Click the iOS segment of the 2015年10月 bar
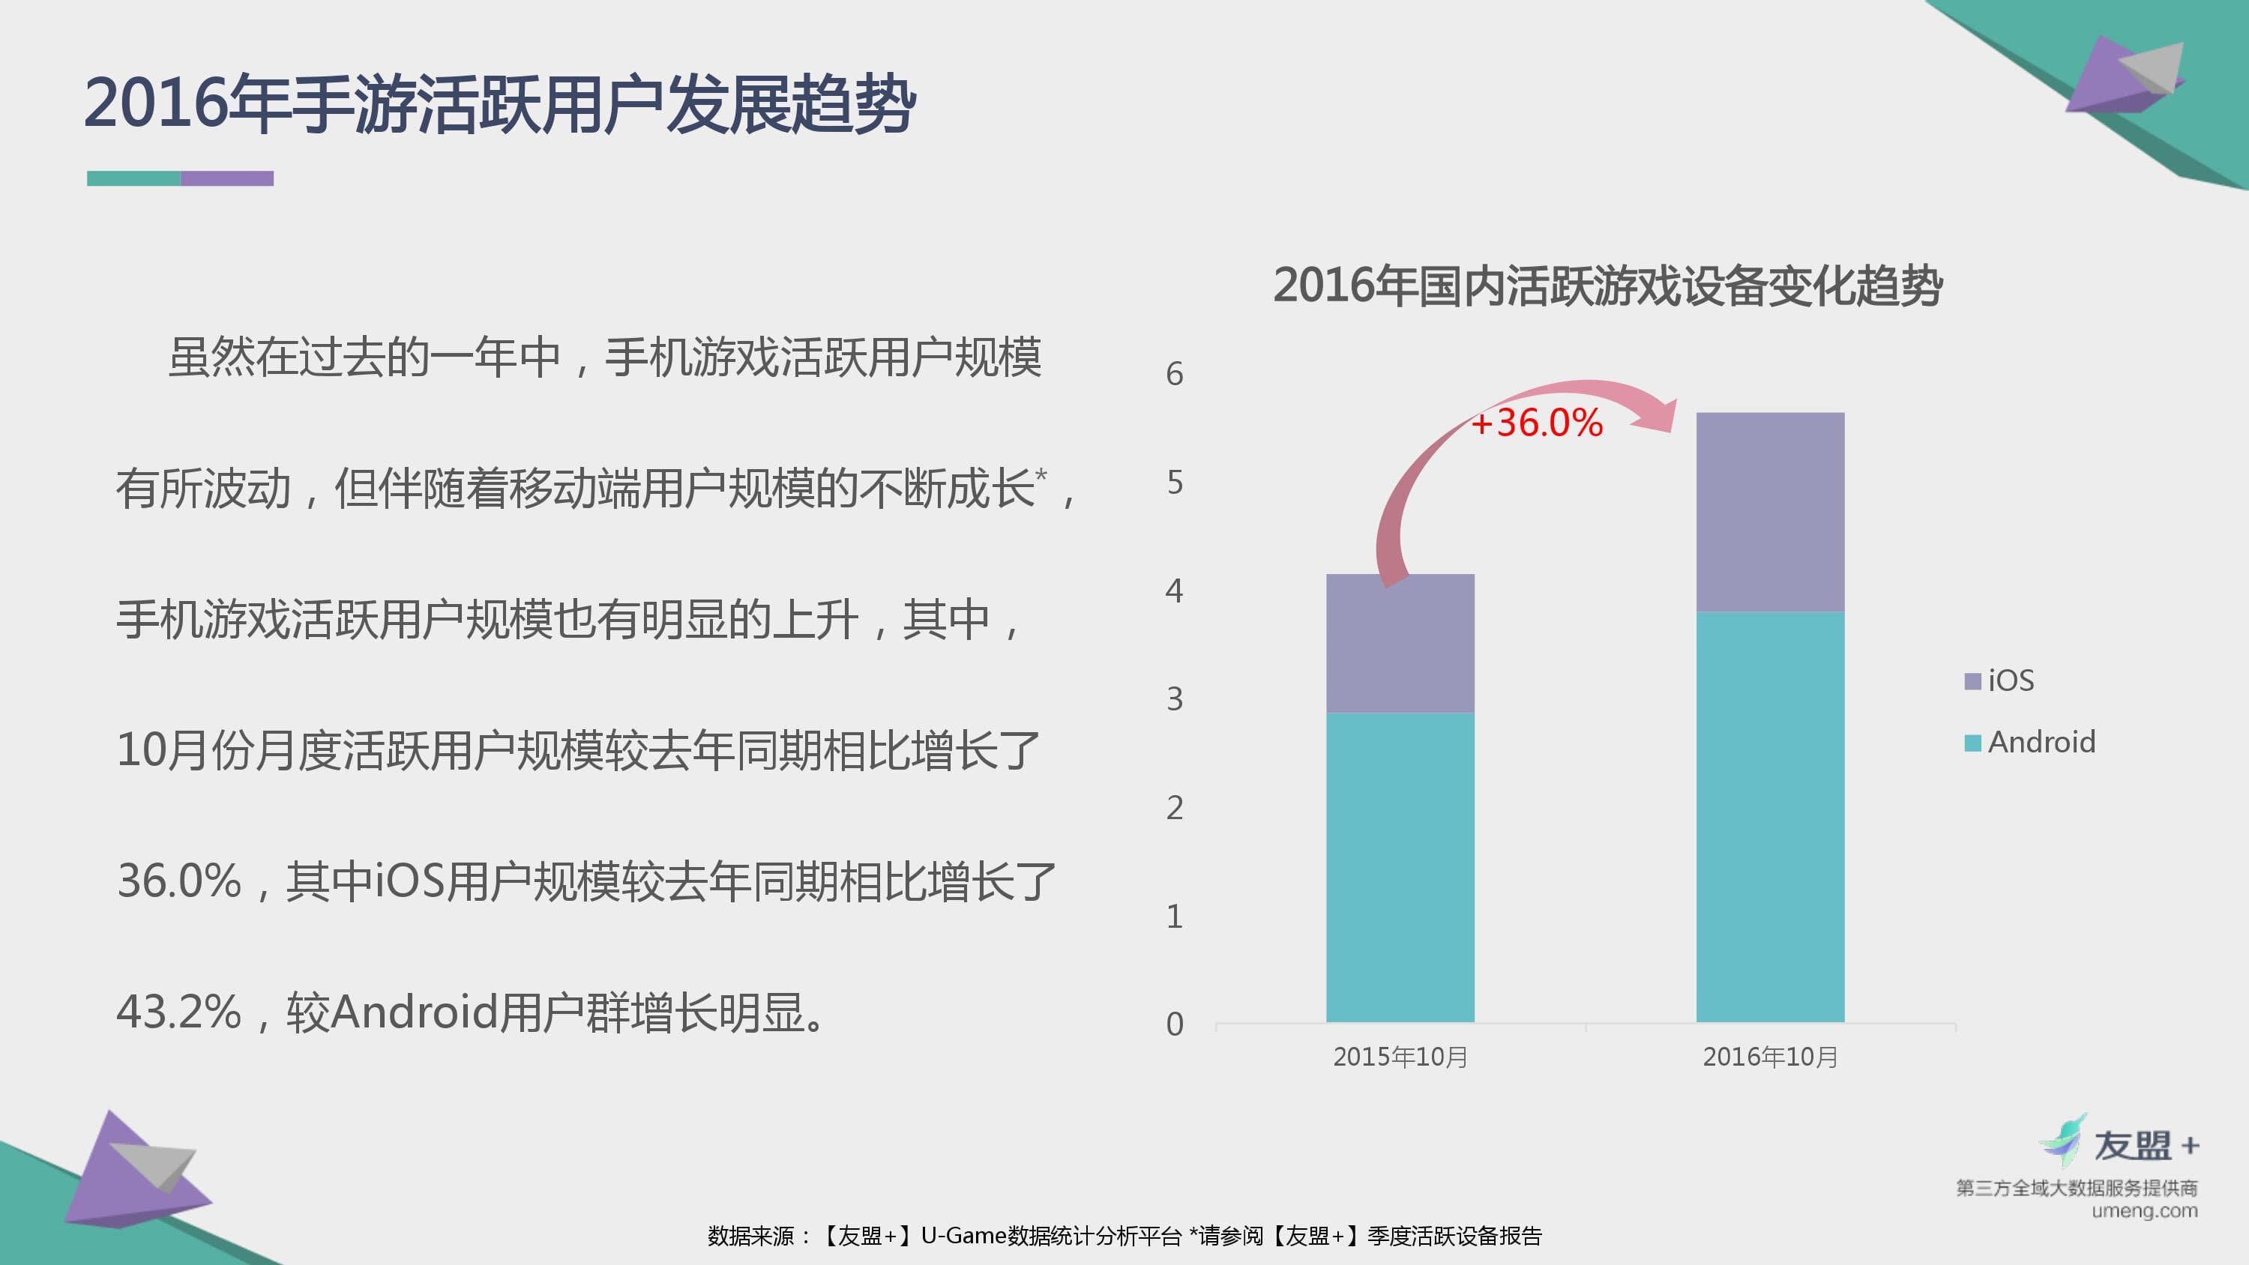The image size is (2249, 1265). click(x=1400, y=644)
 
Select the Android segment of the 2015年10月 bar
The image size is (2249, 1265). click(x=1400, y=868)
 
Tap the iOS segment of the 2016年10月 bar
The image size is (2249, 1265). click(x=1771, y=512)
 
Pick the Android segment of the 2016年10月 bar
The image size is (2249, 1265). click(x=1771, y=817)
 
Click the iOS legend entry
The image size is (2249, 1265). click(x=1999, y=680)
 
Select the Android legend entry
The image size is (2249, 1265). click(x=2029, y=742)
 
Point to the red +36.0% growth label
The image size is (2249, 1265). click(x=1538, y=423)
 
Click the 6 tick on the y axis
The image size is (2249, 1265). click(x=1174, y=375)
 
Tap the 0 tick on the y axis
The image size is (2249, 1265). click(x=1174, y=1024)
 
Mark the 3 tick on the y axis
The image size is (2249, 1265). click(x=1174, y=699)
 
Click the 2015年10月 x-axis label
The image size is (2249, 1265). click(x=1400, y=1057)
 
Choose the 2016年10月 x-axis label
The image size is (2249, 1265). click(x=1771, y=1057)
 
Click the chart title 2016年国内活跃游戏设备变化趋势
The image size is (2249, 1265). click(x=1607, y=286)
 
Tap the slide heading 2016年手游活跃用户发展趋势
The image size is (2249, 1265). click(x=499, y=104)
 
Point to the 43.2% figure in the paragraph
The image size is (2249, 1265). click(x=179, y=1012)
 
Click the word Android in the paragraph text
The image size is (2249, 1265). click(x=415, y=1012)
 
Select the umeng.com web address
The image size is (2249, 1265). click(x=2144, y=1211)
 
